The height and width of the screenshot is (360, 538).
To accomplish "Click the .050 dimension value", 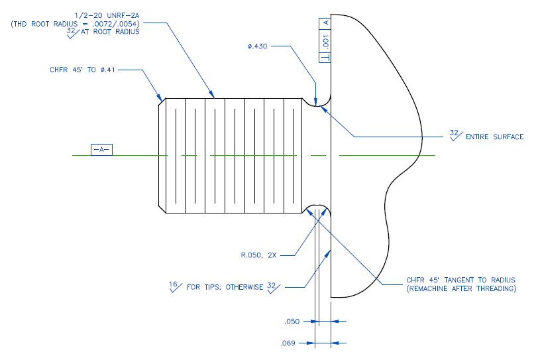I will (x=292, y=322).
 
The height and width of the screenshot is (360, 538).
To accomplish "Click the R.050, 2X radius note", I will (x=262, y=254).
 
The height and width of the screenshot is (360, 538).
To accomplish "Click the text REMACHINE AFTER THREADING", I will (x=461, y=289).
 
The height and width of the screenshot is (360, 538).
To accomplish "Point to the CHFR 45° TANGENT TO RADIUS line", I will (x=461, y=280).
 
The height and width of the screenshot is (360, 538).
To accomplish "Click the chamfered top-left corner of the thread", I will (x=160, y=101).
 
